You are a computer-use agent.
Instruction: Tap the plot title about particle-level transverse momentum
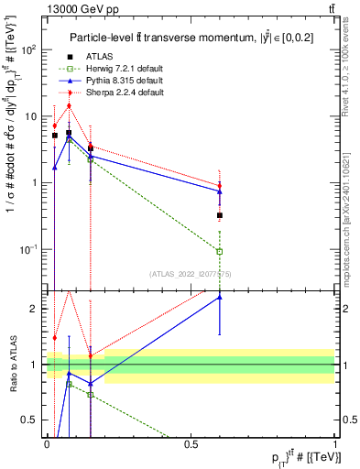click(190, 37)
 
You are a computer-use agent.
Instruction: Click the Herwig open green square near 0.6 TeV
click(220, 251)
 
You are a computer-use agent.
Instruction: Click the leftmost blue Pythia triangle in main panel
click(55, 168)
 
